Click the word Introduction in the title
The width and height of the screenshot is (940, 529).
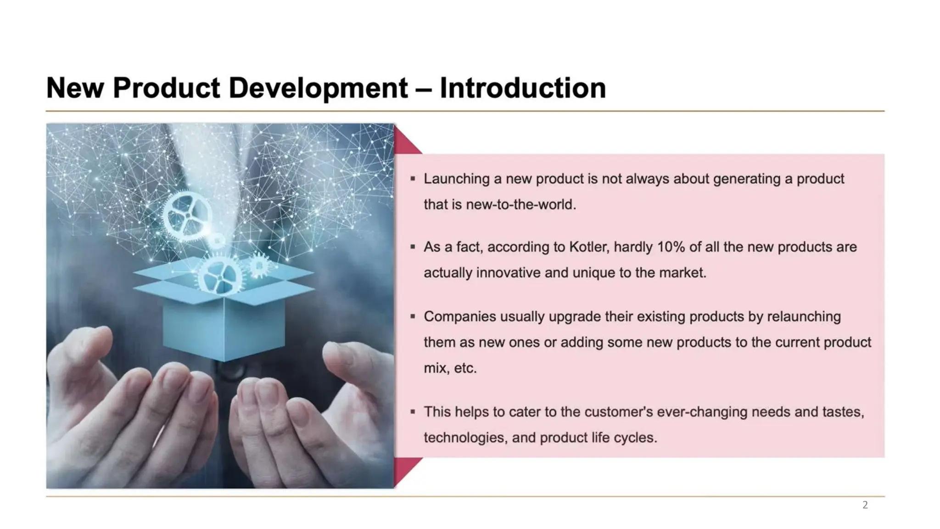522,88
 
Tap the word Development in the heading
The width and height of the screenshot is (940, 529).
318,88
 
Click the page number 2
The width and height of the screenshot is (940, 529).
865,505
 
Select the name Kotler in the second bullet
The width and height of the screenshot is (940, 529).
588,247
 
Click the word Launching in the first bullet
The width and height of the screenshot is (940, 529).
456,179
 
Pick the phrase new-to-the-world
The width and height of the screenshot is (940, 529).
520,204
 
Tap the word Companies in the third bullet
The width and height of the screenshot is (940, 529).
459,316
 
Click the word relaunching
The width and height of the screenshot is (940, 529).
804,316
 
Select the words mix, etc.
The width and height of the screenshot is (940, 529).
450,368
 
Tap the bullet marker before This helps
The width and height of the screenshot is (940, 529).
413,411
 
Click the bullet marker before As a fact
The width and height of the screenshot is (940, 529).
413,247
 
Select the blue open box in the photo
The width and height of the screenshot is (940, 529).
224,317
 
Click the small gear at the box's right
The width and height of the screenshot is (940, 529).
259,265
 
